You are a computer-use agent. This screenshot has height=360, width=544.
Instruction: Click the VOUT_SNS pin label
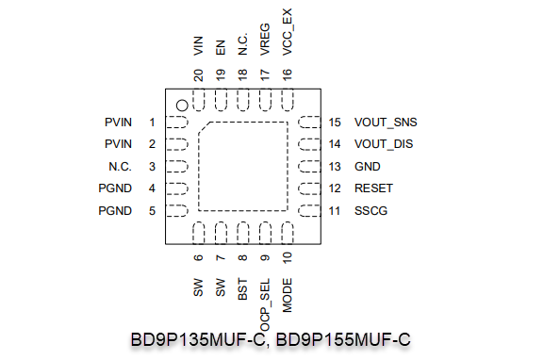(x=386, y=123)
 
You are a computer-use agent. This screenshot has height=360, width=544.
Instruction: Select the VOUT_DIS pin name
(x=384, y=144)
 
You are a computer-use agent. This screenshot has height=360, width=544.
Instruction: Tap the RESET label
(x=373, y=188)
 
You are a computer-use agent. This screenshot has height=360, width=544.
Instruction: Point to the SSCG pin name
(x=371, y=211)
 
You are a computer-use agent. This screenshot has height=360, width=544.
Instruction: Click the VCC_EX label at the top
(x=288, y=32)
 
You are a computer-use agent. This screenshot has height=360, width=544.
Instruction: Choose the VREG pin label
(x=265, y=40)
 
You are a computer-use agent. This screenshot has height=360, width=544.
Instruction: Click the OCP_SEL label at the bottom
(x=265, y=304)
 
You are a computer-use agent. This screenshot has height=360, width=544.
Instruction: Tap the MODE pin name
(x=288, y=295)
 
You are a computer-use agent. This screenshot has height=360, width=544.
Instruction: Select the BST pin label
(x=242, y=289)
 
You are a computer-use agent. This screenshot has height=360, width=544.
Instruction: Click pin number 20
(x=198, y=75)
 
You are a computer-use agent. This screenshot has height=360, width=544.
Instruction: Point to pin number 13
(x=335, y=167)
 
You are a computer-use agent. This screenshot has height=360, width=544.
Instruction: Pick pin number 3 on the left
(x=152, y=167)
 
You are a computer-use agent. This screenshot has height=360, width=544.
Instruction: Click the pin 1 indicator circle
(x=182, y=106)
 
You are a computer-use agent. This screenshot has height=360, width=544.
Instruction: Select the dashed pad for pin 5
(x=177, y=211)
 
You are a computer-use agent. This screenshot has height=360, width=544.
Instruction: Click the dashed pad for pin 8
(x=243, y=233)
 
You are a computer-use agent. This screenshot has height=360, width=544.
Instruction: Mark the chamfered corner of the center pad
(x=204, y=127)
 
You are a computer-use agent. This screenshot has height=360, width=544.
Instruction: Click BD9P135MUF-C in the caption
(x=198, y=339)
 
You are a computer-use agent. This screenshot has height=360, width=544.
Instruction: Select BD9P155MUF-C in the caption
(x=343, y=339)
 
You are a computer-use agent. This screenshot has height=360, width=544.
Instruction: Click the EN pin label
(x=221, y=47)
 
